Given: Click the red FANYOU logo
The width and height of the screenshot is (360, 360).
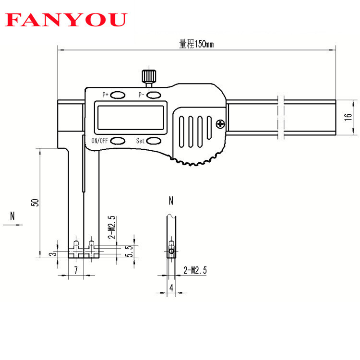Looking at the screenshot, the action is pyautogui.click(x=66, y=20).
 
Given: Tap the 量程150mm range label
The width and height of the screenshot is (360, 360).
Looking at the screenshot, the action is pyautogui.click(x=196, y=44).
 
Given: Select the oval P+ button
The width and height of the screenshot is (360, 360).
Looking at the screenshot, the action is pyautogui.click(x=118, y=95).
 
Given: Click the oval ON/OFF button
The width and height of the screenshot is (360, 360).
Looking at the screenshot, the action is pyautogui.click(x=118, y=141).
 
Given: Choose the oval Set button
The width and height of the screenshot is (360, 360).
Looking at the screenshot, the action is pyautogui.click(x=154, y=141).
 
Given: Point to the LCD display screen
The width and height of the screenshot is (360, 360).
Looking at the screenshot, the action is pyautogui.click(x=131, y=118).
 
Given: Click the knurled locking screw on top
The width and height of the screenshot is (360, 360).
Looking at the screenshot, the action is pyautogui.click(x=149, y=77).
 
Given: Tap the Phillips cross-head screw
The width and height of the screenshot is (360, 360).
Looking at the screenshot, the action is pyautogui.click(x=221, y=124).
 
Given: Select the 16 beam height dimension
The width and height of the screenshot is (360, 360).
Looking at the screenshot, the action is pyautogui.click(x=348, y=117).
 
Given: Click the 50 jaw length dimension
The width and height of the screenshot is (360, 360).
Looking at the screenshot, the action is pyautogui.click(x=35, y=202).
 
